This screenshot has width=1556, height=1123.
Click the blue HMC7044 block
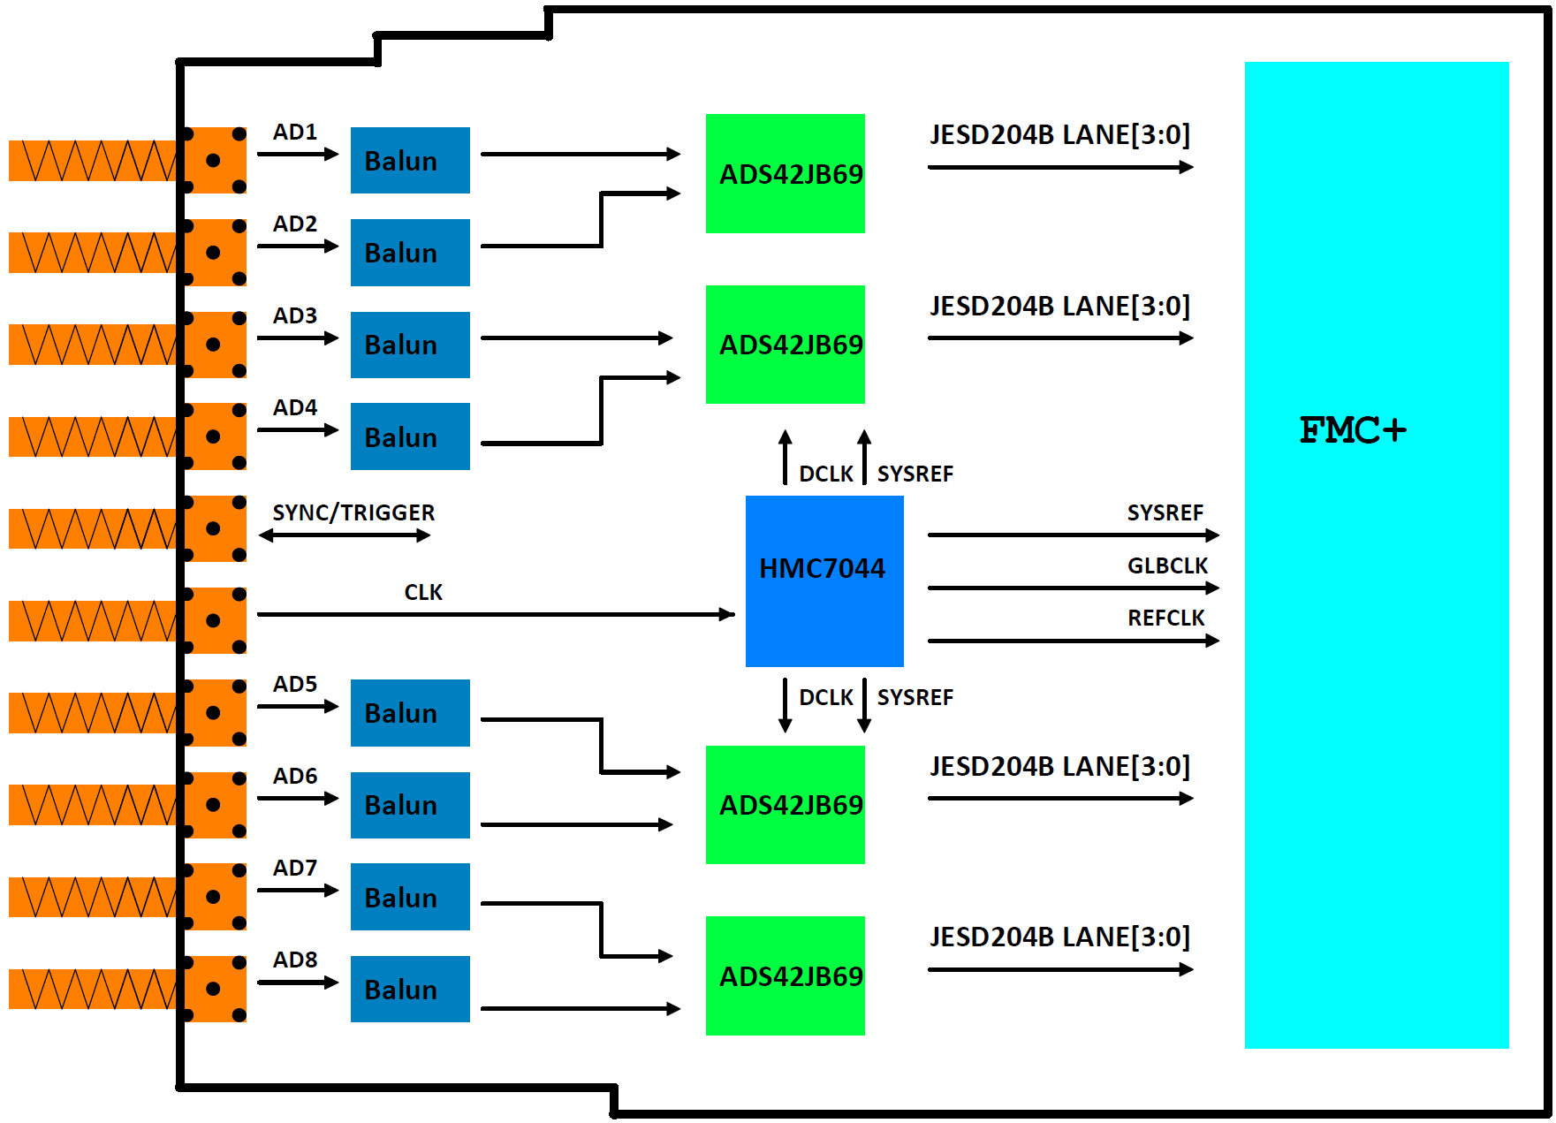click(x=824, y=580)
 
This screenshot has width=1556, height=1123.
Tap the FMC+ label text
click(x=1352, y=430)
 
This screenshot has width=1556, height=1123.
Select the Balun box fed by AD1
click(x=410, y=160)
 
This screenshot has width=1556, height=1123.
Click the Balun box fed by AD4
click(x=410, y=436)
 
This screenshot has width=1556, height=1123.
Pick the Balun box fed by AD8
click(x=410, y=989)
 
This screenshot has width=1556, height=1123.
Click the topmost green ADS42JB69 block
click(x=786, y=173)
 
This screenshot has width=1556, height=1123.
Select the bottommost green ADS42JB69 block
click(x=786, y=975)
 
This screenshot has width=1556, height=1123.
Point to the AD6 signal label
click(x=295, y=776)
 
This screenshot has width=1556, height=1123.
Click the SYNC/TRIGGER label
click(x=353, y=512)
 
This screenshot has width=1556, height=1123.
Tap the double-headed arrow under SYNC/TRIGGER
click(x=345, y=535)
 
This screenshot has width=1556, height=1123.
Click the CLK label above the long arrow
click(x=423, y=592)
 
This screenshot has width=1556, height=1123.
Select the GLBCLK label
click(x=1167, y=565)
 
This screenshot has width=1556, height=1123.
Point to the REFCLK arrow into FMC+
click(x=1074, y=641)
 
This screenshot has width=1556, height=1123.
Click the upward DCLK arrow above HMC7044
click(x=785, y=457)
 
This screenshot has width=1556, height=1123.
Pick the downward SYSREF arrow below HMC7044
click(x=864, y=705)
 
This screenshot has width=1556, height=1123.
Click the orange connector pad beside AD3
click(x=214, y=345)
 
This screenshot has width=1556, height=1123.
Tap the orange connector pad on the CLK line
click(x=214, y=620)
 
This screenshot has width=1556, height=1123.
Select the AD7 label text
click(x=295, y=868)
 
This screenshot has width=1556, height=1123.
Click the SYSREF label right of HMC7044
click(x=1165, y=512)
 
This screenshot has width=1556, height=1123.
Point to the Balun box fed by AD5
click(x=410, y=712)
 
